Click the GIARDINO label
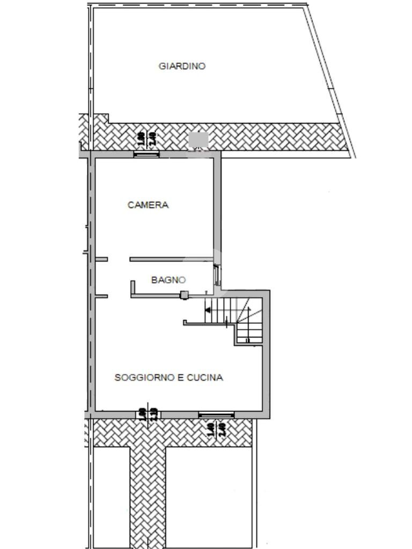pos(182,66)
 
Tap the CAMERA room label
pos(148,205)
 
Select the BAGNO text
pos(168,280)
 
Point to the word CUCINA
pos(204,377)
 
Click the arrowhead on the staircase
pos(208,309)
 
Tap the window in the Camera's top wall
pos(146,154)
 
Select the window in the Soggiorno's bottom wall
pos(216,414)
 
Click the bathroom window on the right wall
pos(216,276)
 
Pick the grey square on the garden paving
pos(198,139)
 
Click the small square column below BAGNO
pos(184,294)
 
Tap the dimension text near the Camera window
pos(146,139)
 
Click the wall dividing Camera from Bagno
pos(172,259)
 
